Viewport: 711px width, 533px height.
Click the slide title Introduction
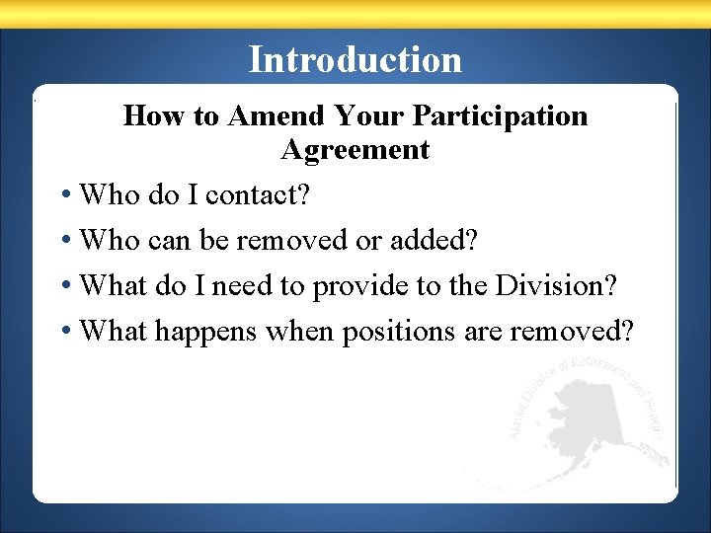(x=355, y=59)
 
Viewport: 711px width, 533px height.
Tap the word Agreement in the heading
(x=355, y=150)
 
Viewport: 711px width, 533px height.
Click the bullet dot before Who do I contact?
(x=65, y=195)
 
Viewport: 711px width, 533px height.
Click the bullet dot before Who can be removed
(x=65, y=240)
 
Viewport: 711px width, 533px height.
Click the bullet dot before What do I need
(x=65, y=285)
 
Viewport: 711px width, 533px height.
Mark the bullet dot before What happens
(x=65, y=331)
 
